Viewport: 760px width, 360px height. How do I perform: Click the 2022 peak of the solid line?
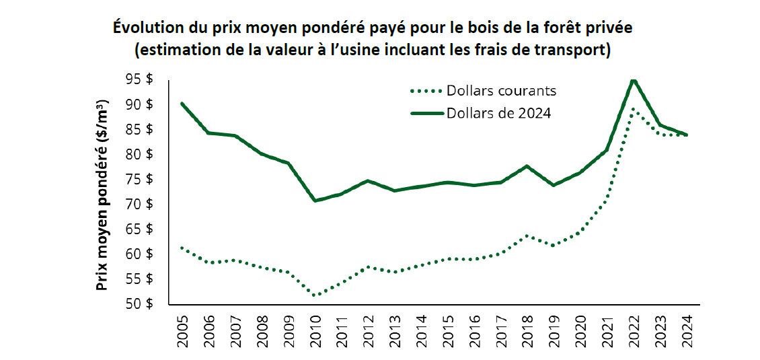pyautogui.click(x=633, y=81)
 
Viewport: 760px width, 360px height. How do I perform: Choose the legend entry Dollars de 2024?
pyautogui.click(x=498, y=113)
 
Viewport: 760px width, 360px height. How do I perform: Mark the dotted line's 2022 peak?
pyautogui.click(x=633, y=109)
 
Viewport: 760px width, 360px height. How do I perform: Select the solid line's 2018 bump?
pyautogui.click(x=527, y=166)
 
